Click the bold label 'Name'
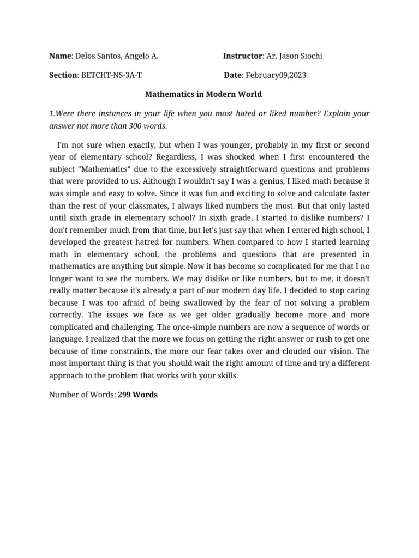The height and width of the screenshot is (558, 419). point(60,56)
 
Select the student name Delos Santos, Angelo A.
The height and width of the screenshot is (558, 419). point(117,56)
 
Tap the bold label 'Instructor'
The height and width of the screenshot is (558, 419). point(243,56)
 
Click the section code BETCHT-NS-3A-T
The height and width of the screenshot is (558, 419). point(113,75)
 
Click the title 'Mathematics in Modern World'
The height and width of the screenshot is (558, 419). point(203,94)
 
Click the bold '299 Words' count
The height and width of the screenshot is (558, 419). point(137,395)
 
